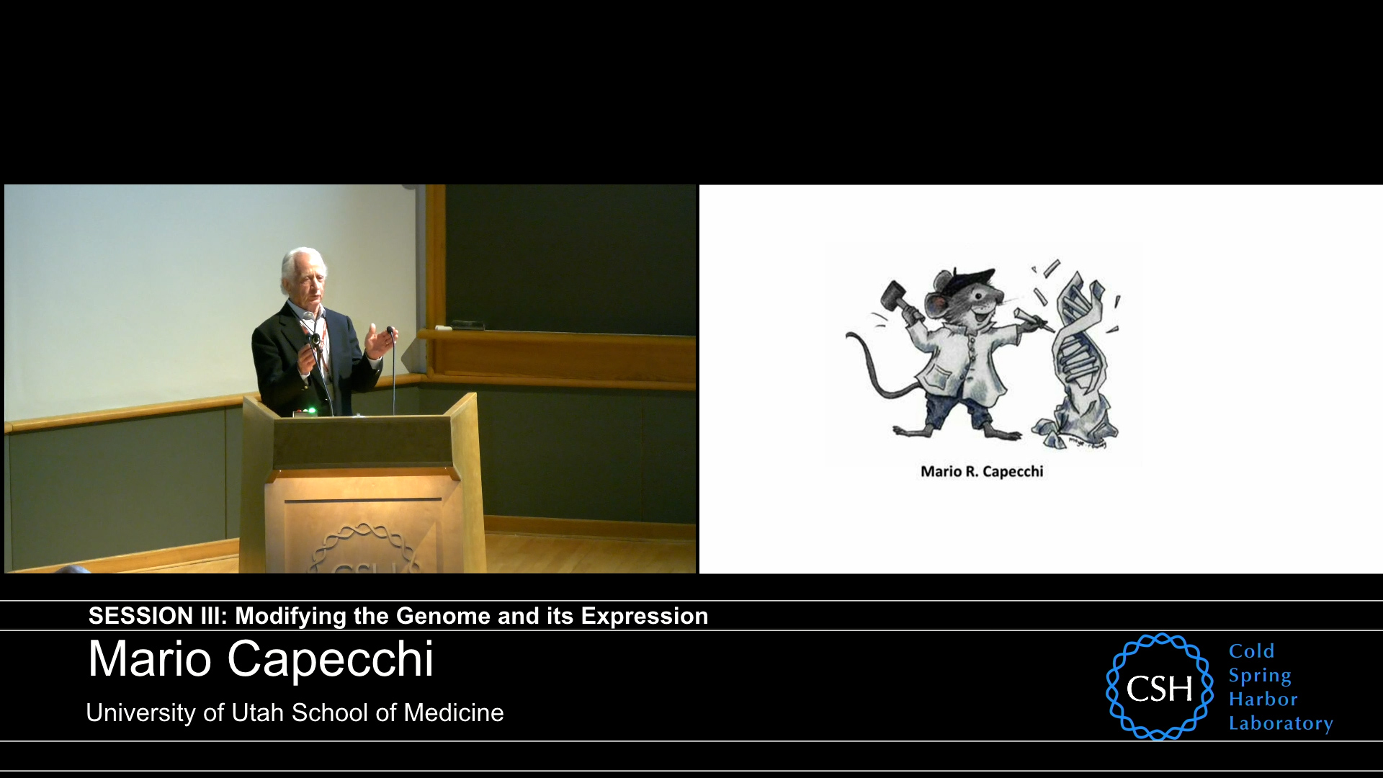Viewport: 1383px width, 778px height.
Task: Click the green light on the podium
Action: tap(311, 411)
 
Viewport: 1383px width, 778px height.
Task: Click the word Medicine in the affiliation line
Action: tap(453, 712)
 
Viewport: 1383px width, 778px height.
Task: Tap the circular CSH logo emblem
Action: tap(1159, 687)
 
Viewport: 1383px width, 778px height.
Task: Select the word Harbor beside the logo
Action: tap(1263, 699)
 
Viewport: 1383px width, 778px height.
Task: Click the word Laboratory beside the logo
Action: tap(1280, 723)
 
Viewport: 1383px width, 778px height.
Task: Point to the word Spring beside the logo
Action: tap(1260, 676)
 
